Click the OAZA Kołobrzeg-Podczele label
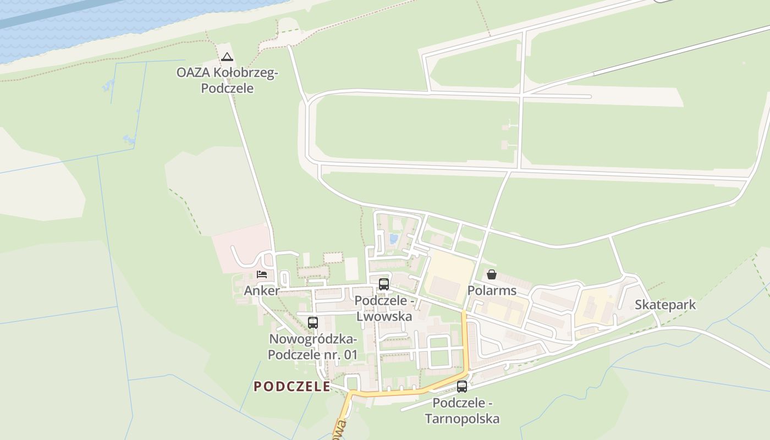click(227, 80)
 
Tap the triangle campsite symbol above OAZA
click(227, 57)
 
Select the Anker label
click(262, 291)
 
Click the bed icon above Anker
click(262, 274)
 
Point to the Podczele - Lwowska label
click(383, 309)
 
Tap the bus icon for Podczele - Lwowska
click(384, 284)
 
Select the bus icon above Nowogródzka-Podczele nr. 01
click(313, 323)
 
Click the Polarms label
click(492, 290)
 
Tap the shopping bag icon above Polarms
click(492, 274)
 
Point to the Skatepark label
click(665, 305)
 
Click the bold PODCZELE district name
click(292, 387)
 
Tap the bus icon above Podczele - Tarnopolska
click(462, 386)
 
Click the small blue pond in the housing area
click(393, 239)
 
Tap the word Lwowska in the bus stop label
click(384, 317)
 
